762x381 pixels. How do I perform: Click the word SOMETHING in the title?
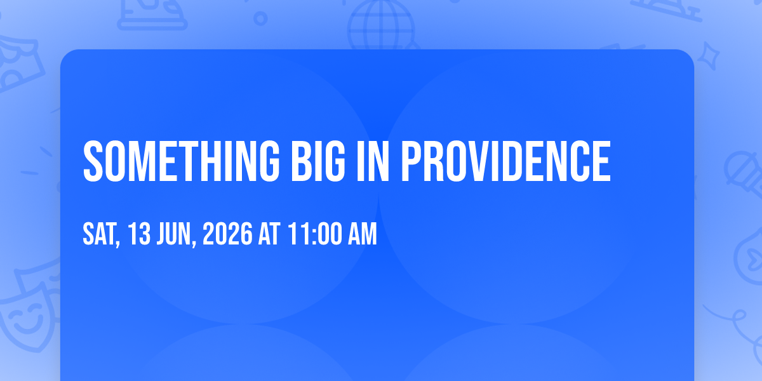pos(182,161)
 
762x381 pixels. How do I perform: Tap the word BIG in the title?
pos(318,161)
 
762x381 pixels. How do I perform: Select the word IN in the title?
pos(373,161)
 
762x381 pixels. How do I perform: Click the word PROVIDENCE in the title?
pos(506,161)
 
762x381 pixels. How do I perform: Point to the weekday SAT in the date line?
pos(99,234)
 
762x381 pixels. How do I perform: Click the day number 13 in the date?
pos(140,234)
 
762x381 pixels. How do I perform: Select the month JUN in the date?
pos(174,234)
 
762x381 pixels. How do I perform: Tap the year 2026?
pos(227,234)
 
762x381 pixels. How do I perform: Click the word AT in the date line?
pos(269,234)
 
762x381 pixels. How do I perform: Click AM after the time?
pos(363,234)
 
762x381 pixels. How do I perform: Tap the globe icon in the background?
pos(381,25)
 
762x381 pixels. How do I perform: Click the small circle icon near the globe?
pos(260,18)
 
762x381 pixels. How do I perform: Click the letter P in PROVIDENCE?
pos(412,161)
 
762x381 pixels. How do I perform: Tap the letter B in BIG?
pos(302,161)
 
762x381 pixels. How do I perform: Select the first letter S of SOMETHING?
pos(93,161)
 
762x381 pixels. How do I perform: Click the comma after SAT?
pos(118,243)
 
